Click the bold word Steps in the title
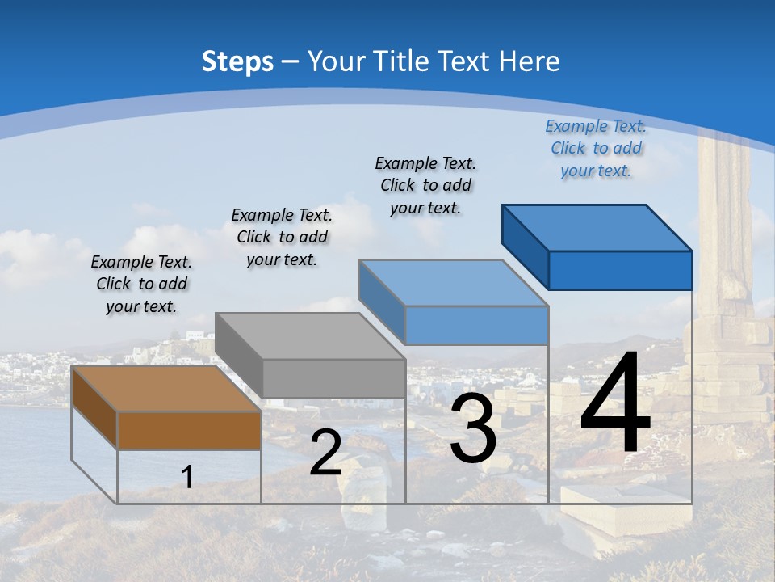click(x=237, y=61)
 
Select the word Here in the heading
click(x=530, y=61)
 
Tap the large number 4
click(x=615, y=404)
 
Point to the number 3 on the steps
click(x=473, y=428)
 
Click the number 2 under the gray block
click(x=325, y=453)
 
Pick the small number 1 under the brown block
click(x=187, y=478)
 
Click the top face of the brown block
click(x=166, y=389)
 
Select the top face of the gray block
click(x=310, y=336)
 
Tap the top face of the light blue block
click(x=453, y=283)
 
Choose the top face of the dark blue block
click(x=597, y=228)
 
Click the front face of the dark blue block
click(x=620, y=270)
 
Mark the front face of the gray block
click(x=333, y=378)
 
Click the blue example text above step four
click(x=596, y=148)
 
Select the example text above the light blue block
click(x=425, y=185)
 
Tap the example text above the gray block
click(x=282, y=237)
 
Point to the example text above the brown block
click(x=141, y=284)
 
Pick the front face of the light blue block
click(x=476, y=325)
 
